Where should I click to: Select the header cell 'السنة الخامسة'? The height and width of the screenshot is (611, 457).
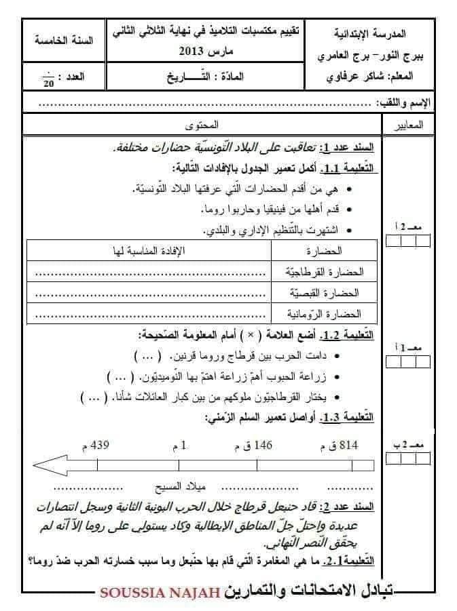point(63,39)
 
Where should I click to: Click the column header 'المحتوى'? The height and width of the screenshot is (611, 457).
point(202,126)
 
